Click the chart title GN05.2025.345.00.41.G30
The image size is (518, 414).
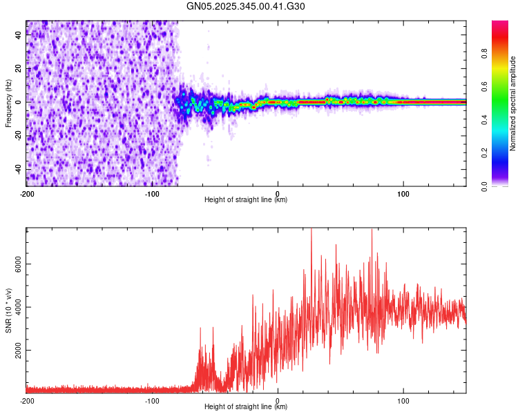click(x=246, y=6)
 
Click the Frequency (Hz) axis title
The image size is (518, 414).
click(x=8, y=103)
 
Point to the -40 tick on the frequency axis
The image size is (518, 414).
click(x=18, y=169)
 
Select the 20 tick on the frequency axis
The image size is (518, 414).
click(x=19, y=68)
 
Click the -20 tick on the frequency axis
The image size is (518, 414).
click(x=18, y=136)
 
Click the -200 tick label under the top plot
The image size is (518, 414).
click(x=28, y=194)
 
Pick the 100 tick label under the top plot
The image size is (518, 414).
click(x=403, y=194)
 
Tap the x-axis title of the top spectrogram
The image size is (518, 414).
click(x=246, y=200)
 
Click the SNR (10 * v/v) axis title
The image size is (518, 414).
click(x=8, y=310)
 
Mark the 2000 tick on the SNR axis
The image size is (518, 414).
click(x=19, y=351)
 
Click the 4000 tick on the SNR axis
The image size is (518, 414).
click(x=19, y=307)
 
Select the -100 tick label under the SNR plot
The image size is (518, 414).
click(x=153, y=401)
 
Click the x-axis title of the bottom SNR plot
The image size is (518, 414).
click(x=246, y=407)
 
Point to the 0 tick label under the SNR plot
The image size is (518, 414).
click(x=278, y=401)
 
